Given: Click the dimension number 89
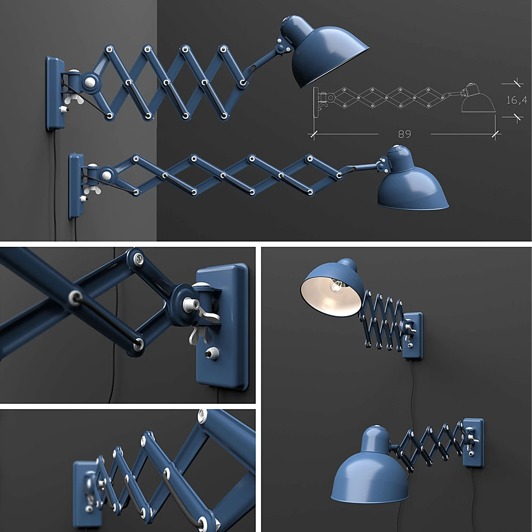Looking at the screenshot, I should pyautogui.click(x=404, y=134).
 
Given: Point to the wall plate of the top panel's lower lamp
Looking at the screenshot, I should pyautogui.click(x=76, y=186).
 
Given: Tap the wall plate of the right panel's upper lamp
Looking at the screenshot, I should pyautogui.click(x=413, y=335).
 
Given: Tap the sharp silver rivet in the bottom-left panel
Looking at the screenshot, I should pyautogui.click(x=202, y=415).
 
